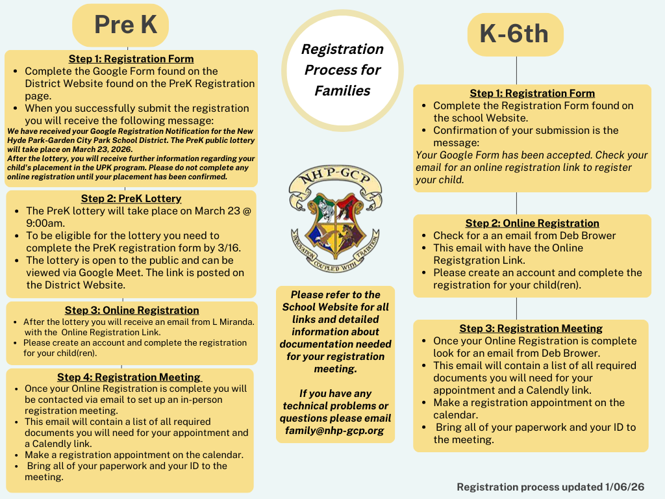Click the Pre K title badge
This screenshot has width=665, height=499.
pyautogui.click(x=125, y=25)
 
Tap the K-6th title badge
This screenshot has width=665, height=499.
pyautogui.click(x=514, y=34)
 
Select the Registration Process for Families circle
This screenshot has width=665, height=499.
pyautogui.click(x=342, y=70)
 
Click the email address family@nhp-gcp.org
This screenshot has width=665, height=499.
pyautogui.click(x=334, y=431)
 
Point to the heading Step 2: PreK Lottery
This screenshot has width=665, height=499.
pyautogui.click(x=131, y=198)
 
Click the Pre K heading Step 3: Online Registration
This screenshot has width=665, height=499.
pyautogui.click(x=132, y=310)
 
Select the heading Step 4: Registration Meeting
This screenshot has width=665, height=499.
pyautogui.click(x=129, y=377)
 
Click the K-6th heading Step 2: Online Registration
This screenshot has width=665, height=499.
pyautogui.click(x=532, y=223)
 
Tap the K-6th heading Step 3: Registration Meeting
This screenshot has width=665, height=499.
pyautogui.click(x=531, y=328)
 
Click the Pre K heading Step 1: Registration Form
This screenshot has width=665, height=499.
pyautogui.click(x=131, y=58)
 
